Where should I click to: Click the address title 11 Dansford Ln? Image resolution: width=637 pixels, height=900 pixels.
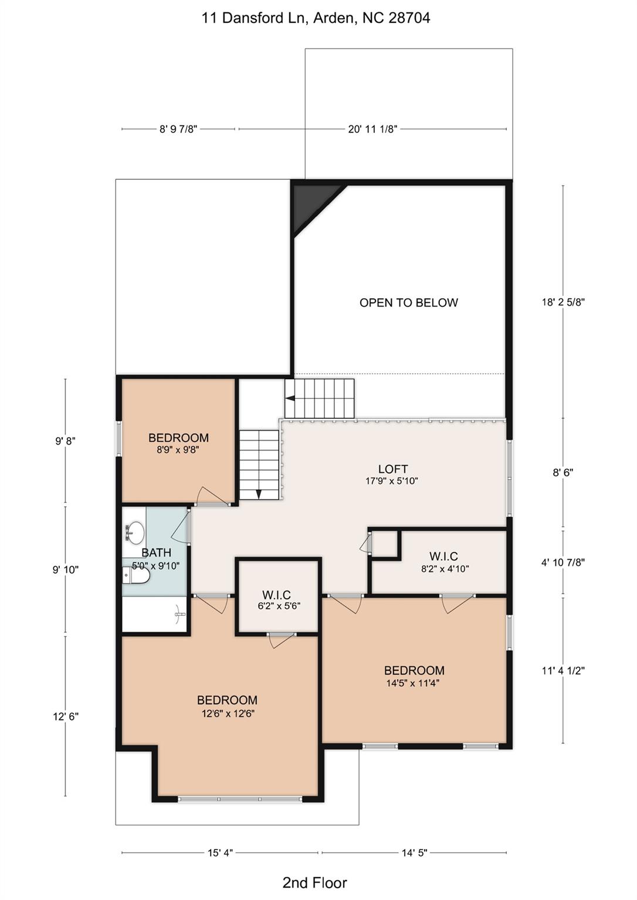click(316, 18)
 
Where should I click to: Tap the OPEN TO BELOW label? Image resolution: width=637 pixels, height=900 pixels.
click(408, 303)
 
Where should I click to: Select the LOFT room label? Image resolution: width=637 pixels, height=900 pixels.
click(392, 469)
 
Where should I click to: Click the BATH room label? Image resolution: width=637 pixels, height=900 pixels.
click(156, 553)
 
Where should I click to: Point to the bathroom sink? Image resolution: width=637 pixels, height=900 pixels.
click(135, 533)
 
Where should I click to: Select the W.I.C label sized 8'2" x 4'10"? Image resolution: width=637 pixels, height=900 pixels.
click(443, 557)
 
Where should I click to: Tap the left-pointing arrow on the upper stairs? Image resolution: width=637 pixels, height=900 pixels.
click(290, 398)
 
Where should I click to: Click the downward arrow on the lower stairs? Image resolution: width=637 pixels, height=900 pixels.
click(259, 493)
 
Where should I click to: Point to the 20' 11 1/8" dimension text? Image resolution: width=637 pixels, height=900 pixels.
click(372, 129)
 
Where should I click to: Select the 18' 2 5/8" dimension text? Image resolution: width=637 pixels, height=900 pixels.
click(563, 302)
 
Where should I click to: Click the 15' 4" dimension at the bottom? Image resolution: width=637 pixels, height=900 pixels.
click(220, 853)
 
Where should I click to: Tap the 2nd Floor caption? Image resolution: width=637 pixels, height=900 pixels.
click(314, 882)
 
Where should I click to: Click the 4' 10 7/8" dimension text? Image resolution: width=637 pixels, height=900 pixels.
click(563, 562)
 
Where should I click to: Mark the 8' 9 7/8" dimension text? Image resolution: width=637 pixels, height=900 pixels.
click(178, 129)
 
